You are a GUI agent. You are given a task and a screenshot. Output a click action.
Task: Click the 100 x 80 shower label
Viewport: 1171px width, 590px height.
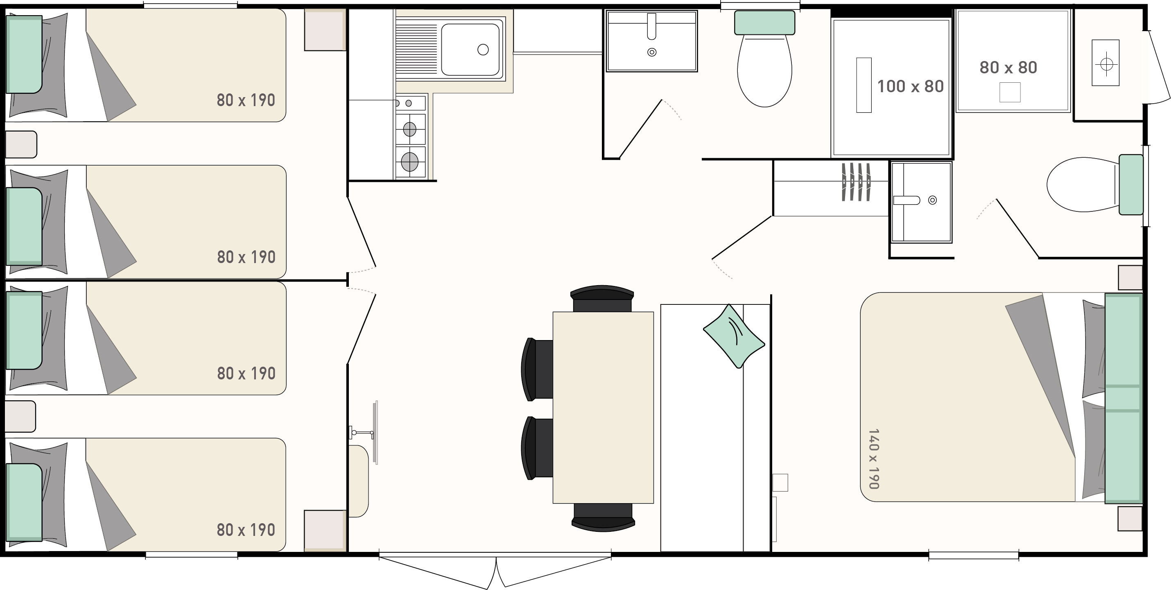tap(910, 86)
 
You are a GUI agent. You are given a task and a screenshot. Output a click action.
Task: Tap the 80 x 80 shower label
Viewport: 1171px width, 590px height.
tap(1008, 67)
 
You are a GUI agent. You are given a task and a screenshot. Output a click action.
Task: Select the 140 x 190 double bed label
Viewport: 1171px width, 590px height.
tap(874, 458)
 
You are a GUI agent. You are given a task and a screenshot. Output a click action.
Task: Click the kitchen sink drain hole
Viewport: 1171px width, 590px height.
tap(483, 50)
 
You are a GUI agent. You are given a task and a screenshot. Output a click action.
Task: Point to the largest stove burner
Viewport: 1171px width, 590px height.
tap(409, 161)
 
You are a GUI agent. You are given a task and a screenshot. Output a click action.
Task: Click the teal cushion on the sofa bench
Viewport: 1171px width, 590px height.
tap(734, 336)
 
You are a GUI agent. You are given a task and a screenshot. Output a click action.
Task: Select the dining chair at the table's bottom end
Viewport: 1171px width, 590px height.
tap(603, 517)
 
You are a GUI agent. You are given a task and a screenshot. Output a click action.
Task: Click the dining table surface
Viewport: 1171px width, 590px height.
tap(603, 408)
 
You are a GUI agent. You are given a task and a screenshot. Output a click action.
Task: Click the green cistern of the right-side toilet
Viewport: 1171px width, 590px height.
tap(1130, 185)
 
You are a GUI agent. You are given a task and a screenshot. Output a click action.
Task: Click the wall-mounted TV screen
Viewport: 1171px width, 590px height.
tap(375, 433)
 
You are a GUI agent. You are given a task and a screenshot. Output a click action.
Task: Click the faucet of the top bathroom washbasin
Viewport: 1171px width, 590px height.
tap(651, 26)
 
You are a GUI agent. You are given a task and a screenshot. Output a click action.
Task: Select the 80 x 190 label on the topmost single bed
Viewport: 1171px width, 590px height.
tap(246, 100)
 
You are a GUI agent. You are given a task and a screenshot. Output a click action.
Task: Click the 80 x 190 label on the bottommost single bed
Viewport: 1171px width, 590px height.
tap(246, 530)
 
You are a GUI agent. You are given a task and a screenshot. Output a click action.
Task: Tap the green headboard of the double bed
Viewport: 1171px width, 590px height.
tap(1123, 399)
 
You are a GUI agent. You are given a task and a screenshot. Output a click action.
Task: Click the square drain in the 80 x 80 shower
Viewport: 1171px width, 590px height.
tap(1010, 92)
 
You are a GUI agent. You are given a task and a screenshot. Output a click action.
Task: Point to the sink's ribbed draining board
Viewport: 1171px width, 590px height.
tap(416, 49)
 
